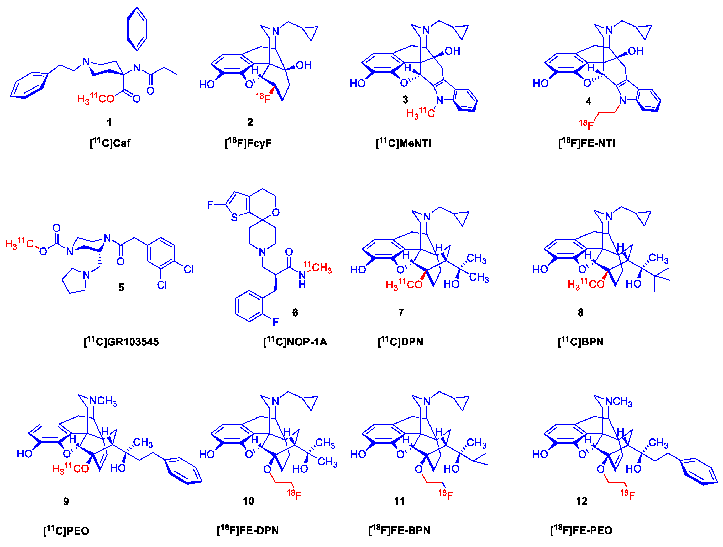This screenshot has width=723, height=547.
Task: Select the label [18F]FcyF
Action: point(248,143)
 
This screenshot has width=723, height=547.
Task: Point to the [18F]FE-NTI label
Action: point(586,143)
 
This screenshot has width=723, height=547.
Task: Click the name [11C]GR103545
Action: point(121,342)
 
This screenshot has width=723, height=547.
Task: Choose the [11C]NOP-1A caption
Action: point(295,342)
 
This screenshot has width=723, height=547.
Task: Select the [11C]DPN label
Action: point(400,342)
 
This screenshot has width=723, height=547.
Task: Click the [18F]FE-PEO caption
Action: point(581,530)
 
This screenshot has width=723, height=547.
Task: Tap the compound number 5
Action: point(121,288)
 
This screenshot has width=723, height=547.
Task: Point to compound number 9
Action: point(66,502)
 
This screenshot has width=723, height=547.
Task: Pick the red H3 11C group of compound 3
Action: point(420,113)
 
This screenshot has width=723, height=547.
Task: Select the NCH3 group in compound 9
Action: point(103,401)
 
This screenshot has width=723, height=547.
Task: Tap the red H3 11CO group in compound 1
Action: point(96,99)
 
